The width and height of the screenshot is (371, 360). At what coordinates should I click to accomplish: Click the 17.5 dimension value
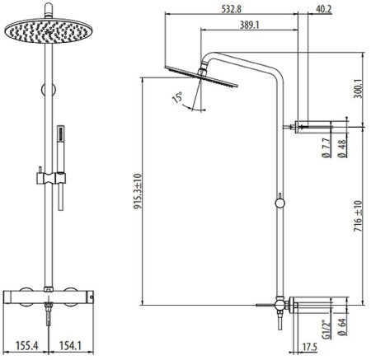click(309, 347)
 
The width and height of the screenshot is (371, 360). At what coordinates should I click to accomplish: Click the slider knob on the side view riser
click(280, 201)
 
